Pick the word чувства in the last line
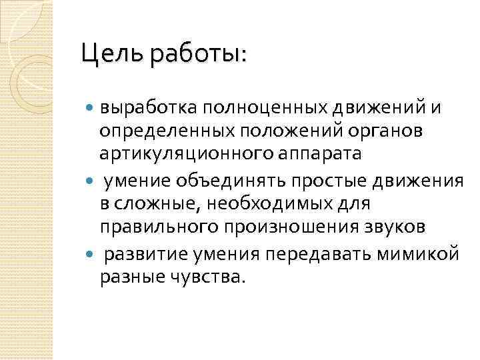207,275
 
